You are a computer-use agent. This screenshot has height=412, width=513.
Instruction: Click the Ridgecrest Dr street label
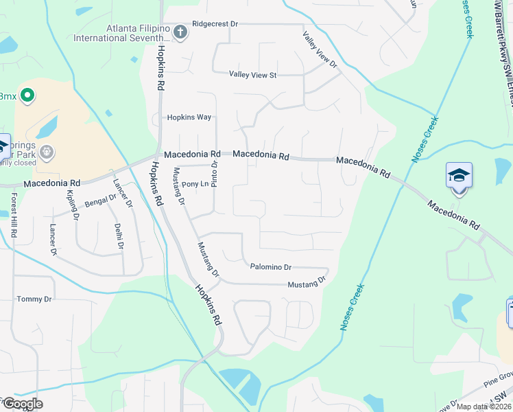(215, 23)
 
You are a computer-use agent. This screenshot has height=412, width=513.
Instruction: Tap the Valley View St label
(252, 74)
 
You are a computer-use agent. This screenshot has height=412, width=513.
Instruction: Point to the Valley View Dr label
(320, 49)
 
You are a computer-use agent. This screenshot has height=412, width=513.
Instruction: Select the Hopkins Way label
(189, 117)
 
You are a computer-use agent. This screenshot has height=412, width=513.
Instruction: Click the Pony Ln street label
(195, 185)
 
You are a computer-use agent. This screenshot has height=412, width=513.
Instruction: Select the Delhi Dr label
(119, 236)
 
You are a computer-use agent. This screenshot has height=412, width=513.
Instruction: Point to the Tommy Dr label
(34, 299)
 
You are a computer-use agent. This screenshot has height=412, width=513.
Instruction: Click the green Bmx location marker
(27, 95)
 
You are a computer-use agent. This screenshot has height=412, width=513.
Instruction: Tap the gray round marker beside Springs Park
(47, 151)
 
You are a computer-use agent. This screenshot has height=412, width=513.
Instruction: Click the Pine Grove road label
(495, 378)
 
